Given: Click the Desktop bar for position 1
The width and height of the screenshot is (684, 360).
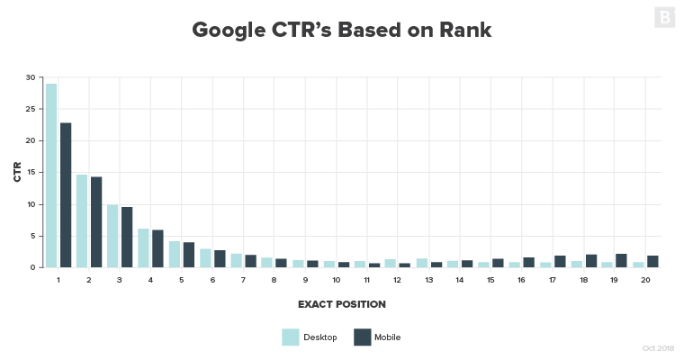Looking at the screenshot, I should coord(51,175).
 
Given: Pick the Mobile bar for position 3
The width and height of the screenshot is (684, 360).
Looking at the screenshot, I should coord(127,238).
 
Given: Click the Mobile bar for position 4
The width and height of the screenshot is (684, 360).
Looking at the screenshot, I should coord(157,249).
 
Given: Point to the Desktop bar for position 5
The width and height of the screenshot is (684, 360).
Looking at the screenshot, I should coord(175,255).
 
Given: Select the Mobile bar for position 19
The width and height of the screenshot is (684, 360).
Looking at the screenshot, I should coord(621,261).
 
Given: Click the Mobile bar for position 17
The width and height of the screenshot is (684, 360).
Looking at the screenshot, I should coord(559,262).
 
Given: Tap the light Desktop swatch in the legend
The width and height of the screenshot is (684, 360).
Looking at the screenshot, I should coord(290,337).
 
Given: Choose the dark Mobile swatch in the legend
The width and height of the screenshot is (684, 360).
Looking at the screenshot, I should coord(362,337).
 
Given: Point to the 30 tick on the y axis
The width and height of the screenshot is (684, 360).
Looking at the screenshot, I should coord(31,77).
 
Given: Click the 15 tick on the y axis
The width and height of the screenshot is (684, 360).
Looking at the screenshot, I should coord(31,173).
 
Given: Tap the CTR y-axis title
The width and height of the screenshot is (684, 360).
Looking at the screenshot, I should coord(17,172).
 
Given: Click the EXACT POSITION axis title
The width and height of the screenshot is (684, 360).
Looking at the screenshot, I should coord(341,304).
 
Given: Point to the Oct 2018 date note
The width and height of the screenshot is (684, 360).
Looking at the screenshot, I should coord(658,348).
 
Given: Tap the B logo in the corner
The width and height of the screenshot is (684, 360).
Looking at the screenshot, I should coord(664,17).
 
